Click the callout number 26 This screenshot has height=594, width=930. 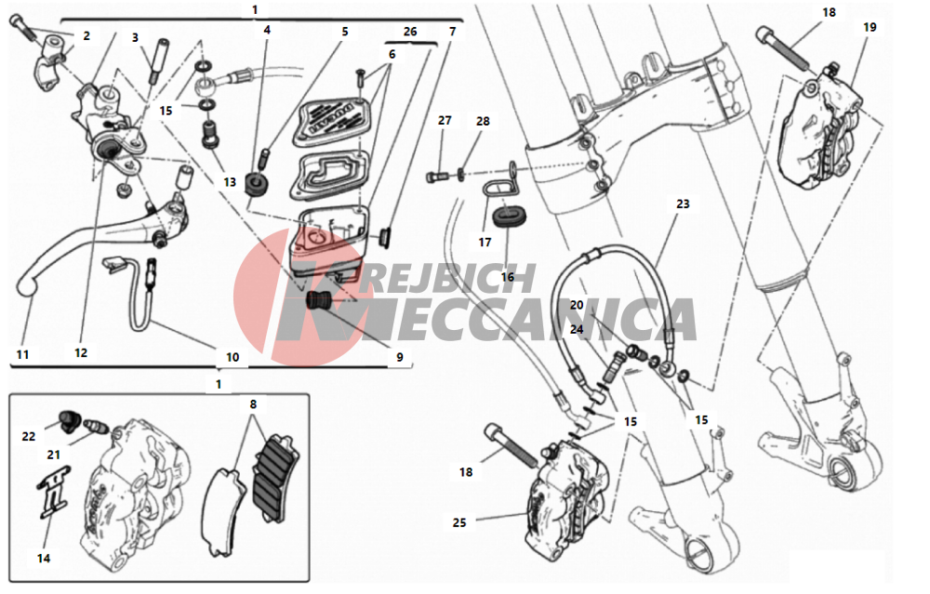pos(410,32)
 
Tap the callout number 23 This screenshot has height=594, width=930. pos(683,204)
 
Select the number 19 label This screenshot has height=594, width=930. pos(870,27)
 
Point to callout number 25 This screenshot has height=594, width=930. pos(459,522)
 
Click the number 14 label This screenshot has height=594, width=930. pos(44,559)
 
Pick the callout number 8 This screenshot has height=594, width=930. pos(253,404)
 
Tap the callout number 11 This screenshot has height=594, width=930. pos(22,354)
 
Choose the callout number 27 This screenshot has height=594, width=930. pos(445,120)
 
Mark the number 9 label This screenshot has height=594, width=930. pos(400,357)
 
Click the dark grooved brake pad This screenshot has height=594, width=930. pos(276,469)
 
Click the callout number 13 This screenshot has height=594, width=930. pos(230,182)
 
